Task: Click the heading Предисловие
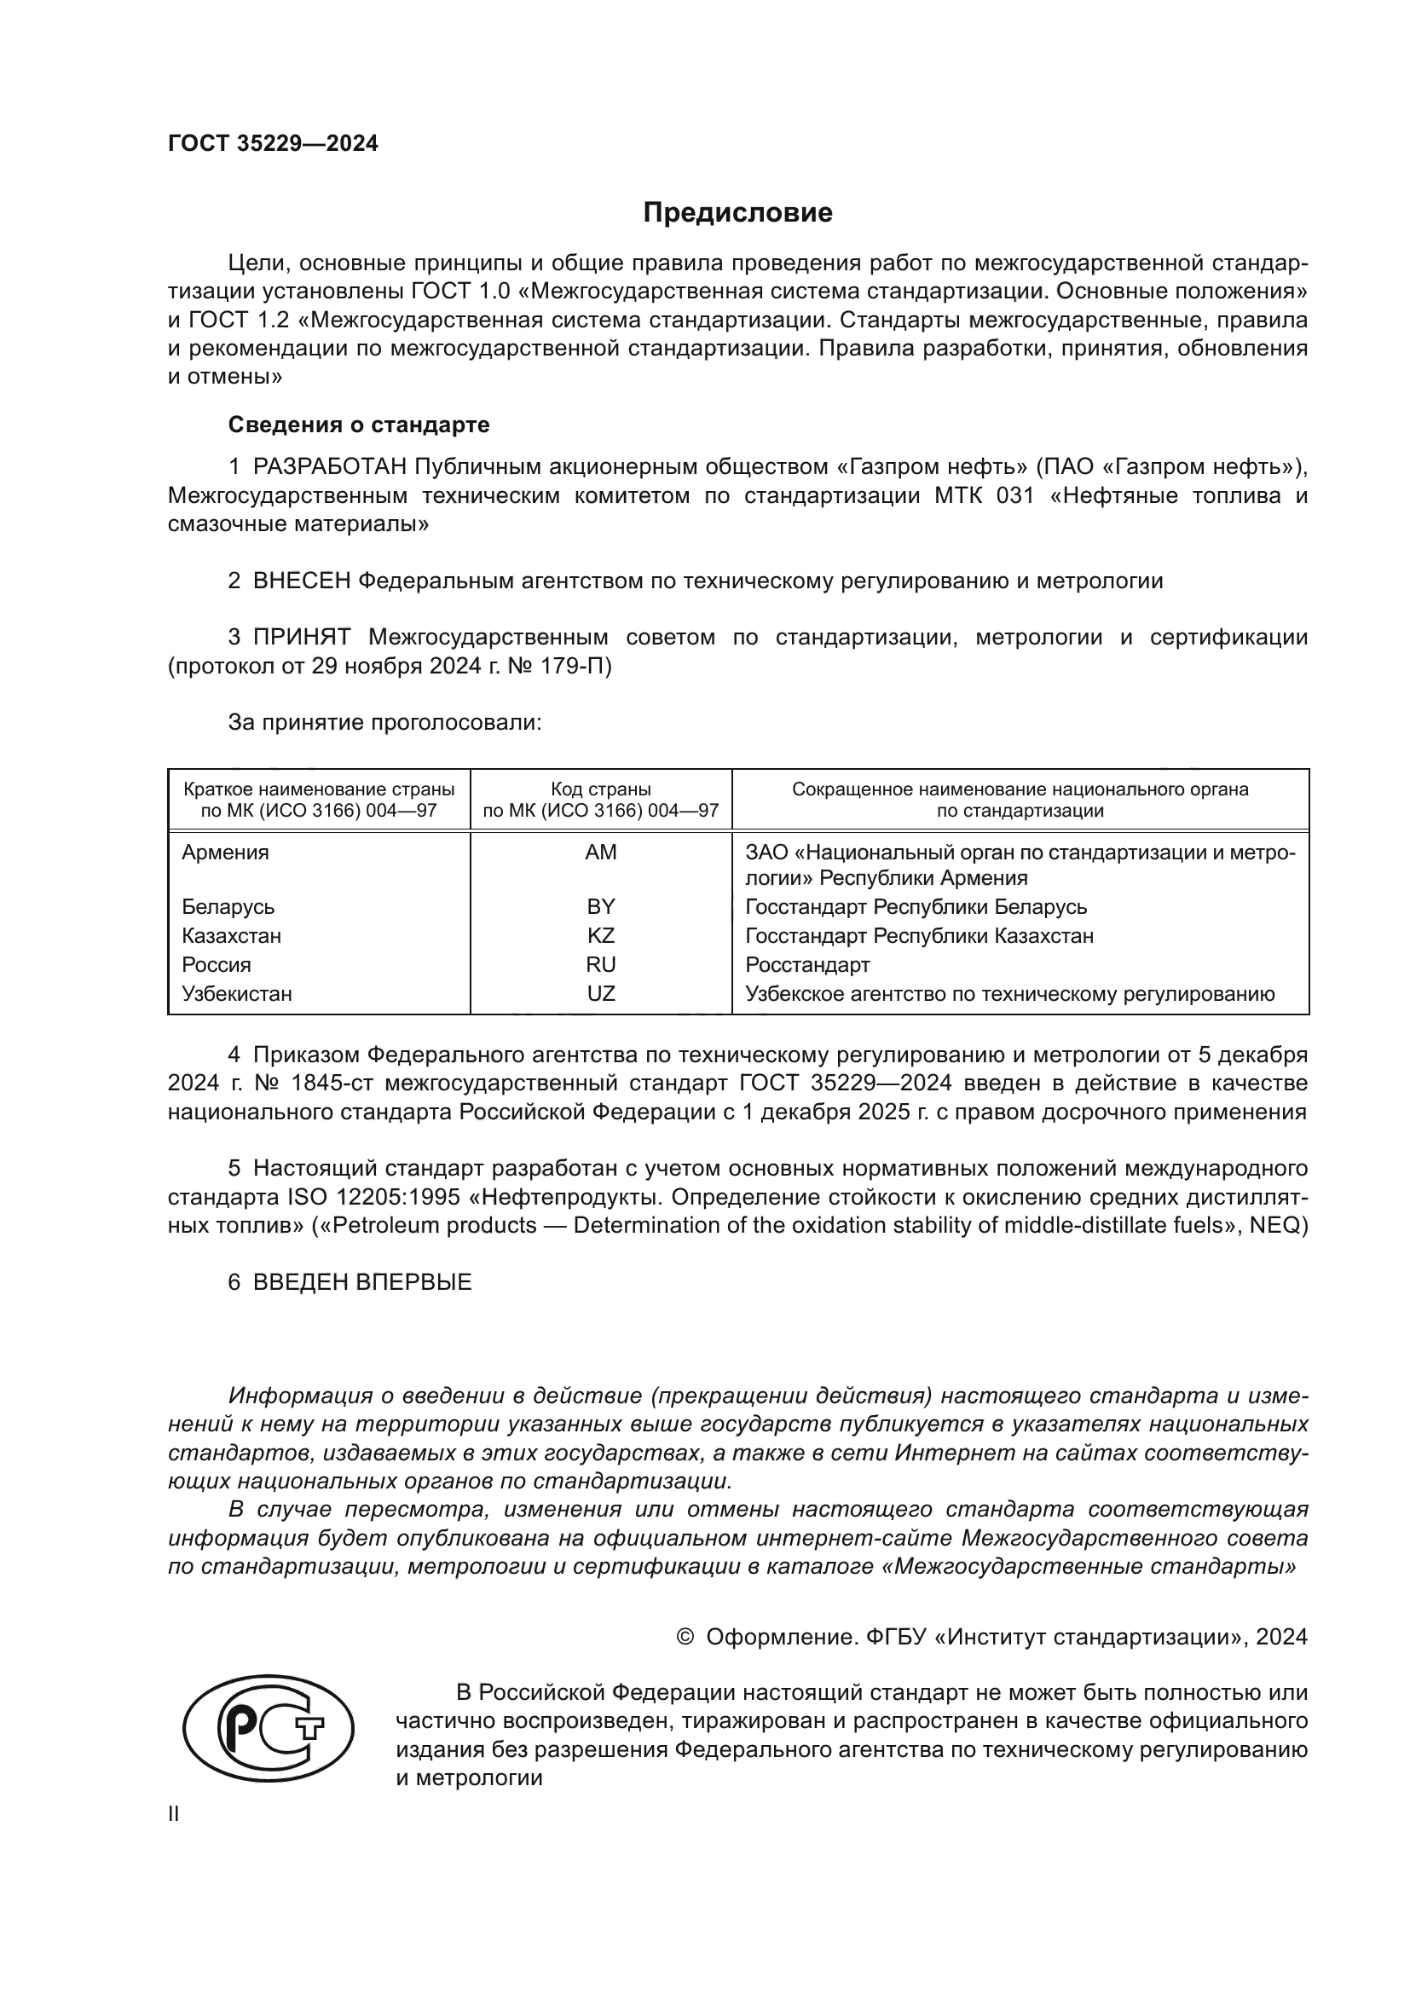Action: pyautogui.click(x=737, y=213)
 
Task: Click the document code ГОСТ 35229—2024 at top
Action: pyautogui.click(x=274, y=144)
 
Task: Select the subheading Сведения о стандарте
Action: pyautogui.click(x=359, y=425)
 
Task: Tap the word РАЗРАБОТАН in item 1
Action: pyautogui.click(x=330, y=467)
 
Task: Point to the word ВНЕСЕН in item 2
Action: pyautogui.click(x=301, y=581)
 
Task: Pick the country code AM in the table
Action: pyautogui.click(x=601, y=852)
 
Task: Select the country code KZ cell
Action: pyautogui.click(x=601, y=935)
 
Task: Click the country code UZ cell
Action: pyautogui.click(x=601, y=993)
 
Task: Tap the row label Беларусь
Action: pyautogui.click(x=228, y=907)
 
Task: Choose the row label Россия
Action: pyautogui.click(x=217, y=965)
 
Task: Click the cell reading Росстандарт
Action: pyautogui.click(x=807, y=965)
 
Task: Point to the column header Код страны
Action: pyautogui.click(x=601, y=789)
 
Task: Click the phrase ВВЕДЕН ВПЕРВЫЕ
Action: pyautogui.click(x=362, y=1282)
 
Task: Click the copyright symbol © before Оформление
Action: pyautogui.click(x=685, y=1637)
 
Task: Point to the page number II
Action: pyautogui.click(x=174, y=1813)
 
